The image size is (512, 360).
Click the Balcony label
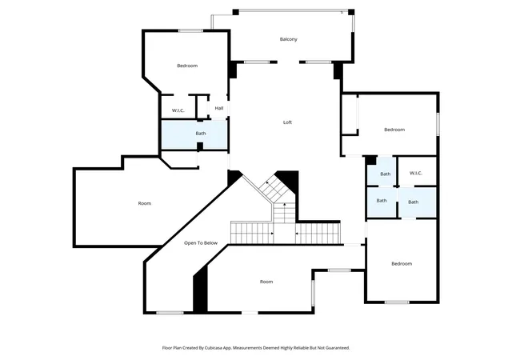click(289, 39)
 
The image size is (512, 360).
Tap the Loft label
click(287, 122)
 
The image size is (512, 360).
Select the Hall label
click(219, 108)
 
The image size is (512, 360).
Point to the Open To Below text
click(201, 243)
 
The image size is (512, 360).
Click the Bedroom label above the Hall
click(187, 66)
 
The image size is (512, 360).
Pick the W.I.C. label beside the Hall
click(178, 110)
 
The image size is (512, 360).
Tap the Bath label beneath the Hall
click(201, 134)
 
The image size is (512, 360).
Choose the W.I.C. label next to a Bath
click(416, 173)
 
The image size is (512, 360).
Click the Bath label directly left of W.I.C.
click(386, 174)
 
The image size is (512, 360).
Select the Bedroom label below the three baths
click(402, 264)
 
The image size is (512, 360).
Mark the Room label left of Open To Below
click(145, 203)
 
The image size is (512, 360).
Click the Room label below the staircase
click(266, 282)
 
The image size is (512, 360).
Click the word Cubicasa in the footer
click(214, 348)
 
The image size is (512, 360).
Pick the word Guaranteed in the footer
click(338, 348)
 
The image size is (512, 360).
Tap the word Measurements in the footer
click(247, 348)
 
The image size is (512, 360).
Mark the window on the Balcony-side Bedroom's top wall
click(190, 31)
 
